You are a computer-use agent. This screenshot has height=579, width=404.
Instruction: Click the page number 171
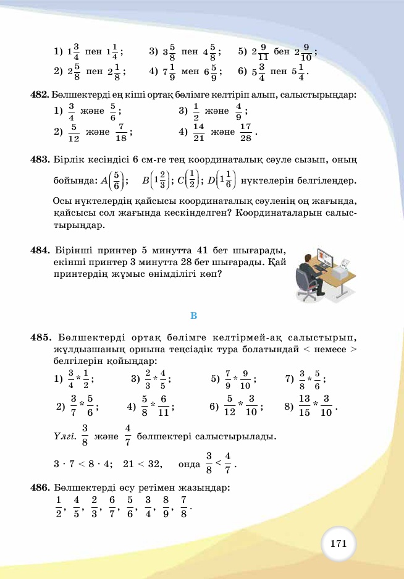click(338, 544)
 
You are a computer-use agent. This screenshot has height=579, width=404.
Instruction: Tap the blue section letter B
click(193, 316)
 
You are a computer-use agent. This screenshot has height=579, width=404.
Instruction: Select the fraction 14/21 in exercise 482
click(198, 132)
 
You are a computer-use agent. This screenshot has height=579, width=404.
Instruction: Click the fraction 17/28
click(245, 132)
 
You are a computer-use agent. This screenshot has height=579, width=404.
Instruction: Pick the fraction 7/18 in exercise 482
click(120, 132)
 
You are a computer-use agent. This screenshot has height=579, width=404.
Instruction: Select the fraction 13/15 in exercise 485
click(304, 406)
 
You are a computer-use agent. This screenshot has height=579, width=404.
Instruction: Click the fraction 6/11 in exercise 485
click(163, 406)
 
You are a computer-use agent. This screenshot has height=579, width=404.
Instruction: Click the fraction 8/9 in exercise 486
click(166, 507)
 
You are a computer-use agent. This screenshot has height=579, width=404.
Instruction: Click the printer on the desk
click(341, 269)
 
